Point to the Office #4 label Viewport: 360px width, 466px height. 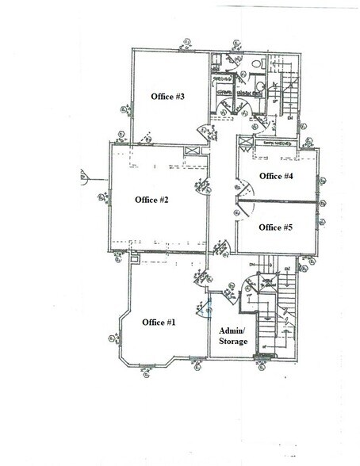pyautogui.click(x=277, y=176)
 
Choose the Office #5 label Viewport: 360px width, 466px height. pyautogui.click(x=277, y=227)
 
